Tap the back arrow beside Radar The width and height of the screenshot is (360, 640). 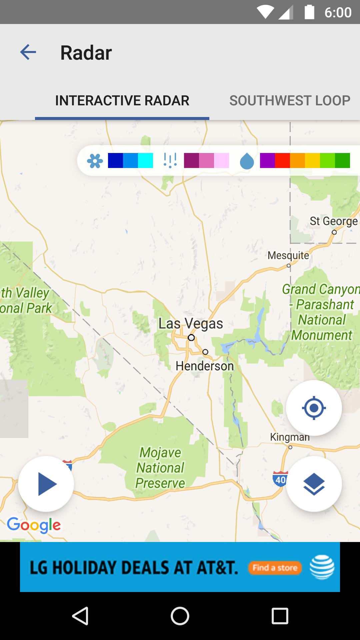28,52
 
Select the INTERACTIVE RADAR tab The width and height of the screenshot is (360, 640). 122,101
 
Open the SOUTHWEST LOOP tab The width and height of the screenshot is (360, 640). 289,101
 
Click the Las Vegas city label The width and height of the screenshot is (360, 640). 191,323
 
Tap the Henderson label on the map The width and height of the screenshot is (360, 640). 205,366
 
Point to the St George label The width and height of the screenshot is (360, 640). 333,221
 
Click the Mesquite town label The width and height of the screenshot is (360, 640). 288,255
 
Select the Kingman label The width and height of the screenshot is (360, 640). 290,437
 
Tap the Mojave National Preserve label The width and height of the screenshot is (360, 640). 160,468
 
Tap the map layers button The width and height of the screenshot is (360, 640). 314,484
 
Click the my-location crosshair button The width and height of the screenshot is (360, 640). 314,408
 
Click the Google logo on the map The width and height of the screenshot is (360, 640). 34,525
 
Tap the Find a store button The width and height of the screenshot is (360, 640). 275,568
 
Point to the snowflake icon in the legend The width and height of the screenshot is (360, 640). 95,161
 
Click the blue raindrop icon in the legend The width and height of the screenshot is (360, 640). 247,161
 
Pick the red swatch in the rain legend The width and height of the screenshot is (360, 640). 282,160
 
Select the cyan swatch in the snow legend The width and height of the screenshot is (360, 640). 146,160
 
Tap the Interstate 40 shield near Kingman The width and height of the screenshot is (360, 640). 280,479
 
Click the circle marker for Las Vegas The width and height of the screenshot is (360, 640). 191,338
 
